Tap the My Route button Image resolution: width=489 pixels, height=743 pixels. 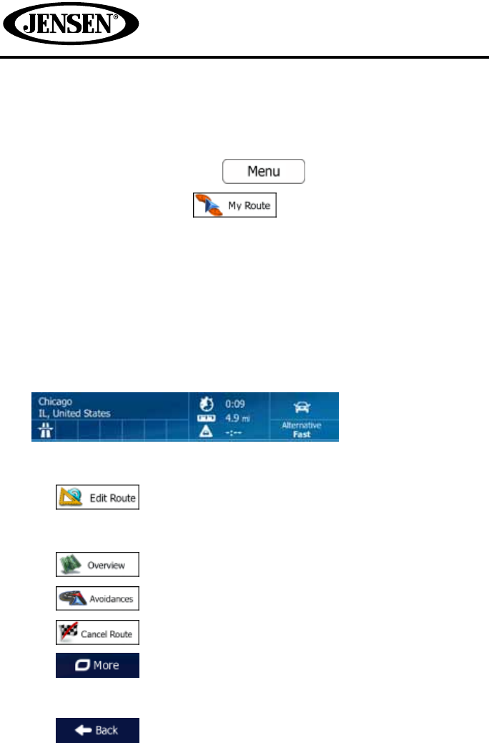tap(234, 206)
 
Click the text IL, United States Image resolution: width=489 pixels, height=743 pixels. tap(74, 414)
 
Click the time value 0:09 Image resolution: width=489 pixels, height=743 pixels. tap(235, 402)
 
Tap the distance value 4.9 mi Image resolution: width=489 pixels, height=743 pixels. tap(239, 417)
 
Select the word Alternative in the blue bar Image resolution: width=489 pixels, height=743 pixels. tap(302, 425)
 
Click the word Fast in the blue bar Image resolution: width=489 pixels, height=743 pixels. tap(302, 434)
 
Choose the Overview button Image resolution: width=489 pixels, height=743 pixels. tap(98, 564)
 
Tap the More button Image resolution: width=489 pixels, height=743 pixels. tap(98, 665)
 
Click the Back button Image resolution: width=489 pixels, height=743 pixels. tap(98, 730)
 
